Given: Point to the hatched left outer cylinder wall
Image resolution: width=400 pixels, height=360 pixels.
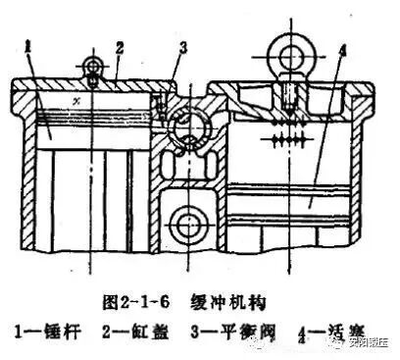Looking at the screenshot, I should pyautogui.click(x=21, y=177).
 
